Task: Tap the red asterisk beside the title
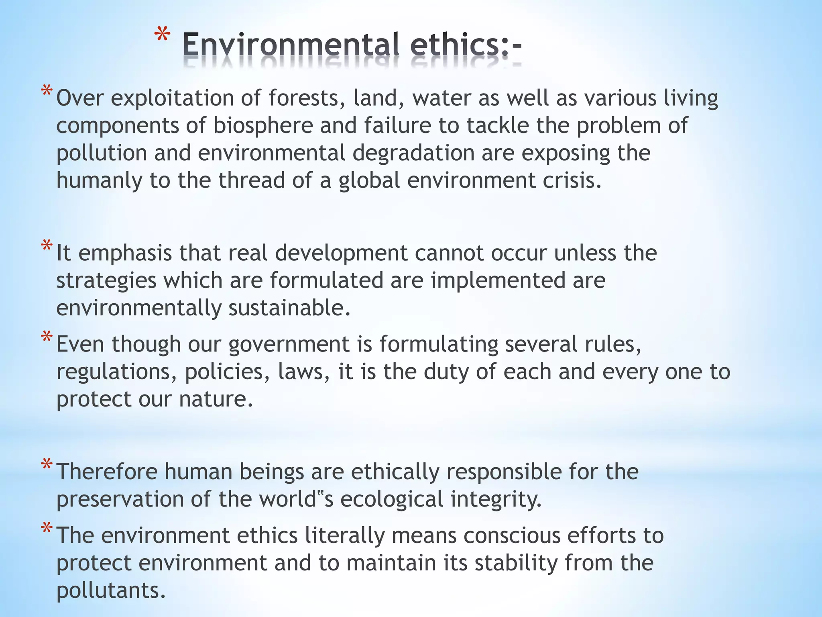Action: pos(162,35)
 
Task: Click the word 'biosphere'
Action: pos(263,126)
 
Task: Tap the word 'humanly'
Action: pos(99,181)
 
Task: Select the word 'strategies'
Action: pos(106,281)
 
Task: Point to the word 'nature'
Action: pos(216,399)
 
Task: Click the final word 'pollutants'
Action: pos(110,590)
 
